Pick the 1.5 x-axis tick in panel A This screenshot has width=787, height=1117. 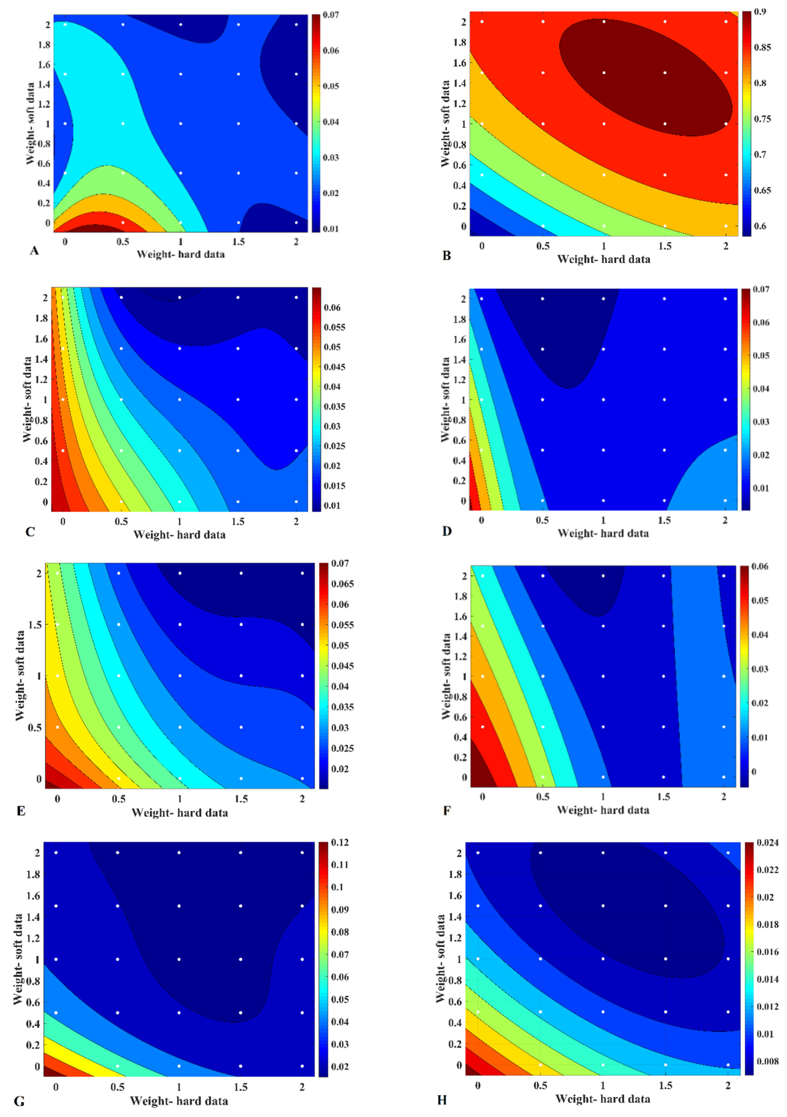pyautogui.click(x=238, y=242)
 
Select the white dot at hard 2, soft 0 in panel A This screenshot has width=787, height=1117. pyautogui.click(x=296, y=222)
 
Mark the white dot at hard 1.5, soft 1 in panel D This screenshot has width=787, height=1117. pyautogui.click(x=664, y=399)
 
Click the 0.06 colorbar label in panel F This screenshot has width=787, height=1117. pyautogui.click(x=760, y=566)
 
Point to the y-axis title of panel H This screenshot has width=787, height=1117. pyautogui.click(x=441, y=958)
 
